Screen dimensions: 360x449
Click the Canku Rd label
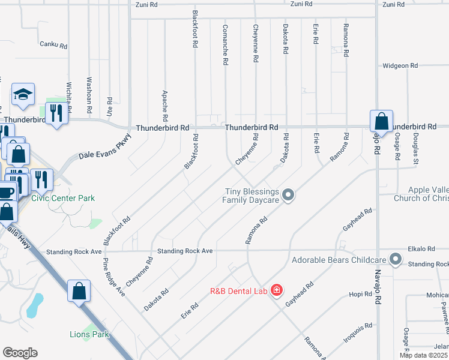[x=52, y=44]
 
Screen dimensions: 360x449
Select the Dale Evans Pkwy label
[x=105, y=148]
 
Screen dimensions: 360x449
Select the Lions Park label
[x=89, y=334]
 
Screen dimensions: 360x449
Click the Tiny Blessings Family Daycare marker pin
[x=289, y=195]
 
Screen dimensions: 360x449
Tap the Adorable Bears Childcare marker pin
[x=395, y=259]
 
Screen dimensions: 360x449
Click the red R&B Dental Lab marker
[x=276, y=291]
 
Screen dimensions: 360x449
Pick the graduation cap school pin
[x=23, y=95]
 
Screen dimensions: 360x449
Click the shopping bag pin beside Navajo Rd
[x=381, y=122]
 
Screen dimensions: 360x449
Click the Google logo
[x=20, y=353]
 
